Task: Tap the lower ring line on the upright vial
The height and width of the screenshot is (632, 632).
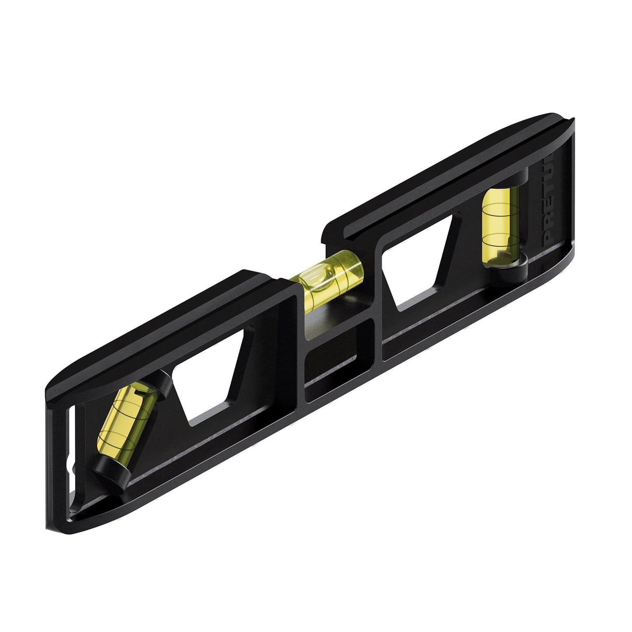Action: (499, 238)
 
